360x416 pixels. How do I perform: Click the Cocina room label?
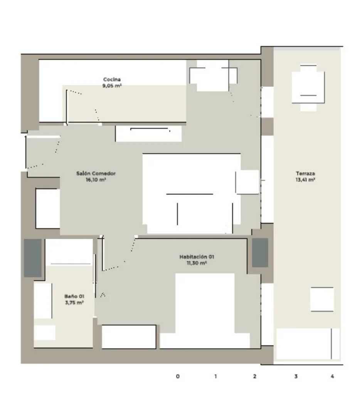112,79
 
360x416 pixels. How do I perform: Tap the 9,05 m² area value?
112,86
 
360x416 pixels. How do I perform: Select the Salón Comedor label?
96,173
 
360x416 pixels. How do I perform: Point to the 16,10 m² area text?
96,179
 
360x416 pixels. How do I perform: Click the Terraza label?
305,173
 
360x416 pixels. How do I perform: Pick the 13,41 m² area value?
305,179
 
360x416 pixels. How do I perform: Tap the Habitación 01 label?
197,257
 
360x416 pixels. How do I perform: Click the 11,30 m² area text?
197,263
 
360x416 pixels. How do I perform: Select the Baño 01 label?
74,296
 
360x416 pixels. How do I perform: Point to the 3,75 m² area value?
74,302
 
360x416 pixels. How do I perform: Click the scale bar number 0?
178,376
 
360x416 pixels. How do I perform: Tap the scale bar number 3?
296,376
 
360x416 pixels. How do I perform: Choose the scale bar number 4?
332,376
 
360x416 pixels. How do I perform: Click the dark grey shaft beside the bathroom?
33,258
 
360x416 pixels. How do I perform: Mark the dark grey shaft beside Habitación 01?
260,252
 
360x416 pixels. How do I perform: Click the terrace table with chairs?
308,87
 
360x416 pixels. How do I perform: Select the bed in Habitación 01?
205,310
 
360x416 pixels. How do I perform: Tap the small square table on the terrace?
322,299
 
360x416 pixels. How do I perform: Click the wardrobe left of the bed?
129,337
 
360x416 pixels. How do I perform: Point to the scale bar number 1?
215,376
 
